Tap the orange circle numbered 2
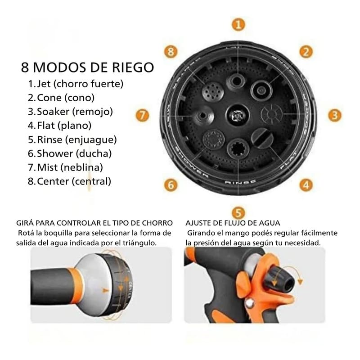point(306,51)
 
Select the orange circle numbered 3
point(333,115)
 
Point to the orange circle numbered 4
point(306,184)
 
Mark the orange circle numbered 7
point(143,115)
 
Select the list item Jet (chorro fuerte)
point(76,84)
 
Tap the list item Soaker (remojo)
point(70,112)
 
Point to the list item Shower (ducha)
point(70,153)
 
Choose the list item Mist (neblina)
point(65,167)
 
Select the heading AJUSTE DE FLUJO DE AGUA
point(233,223)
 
